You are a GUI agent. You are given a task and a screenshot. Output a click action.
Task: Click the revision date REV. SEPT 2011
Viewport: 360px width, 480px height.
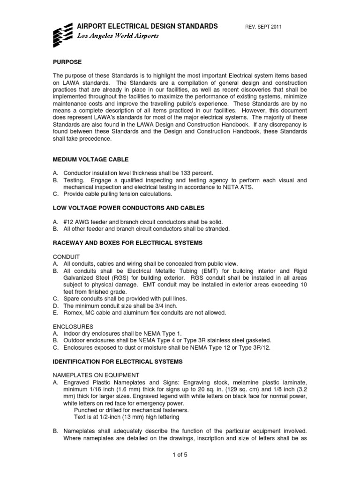(264, 27)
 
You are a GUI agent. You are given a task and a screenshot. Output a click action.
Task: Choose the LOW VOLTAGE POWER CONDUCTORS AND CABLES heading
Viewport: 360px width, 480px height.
(128, 208)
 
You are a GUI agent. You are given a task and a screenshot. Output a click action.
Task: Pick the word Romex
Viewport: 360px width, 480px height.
(73, 313)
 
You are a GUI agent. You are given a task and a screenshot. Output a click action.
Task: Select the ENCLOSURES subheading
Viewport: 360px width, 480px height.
(73, 326)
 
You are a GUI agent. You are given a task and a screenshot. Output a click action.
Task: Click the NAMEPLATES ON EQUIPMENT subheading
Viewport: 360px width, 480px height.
(95, 375)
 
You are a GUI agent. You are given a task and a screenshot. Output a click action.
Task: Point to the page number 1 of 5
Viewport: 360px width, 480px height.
(180, 454)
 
